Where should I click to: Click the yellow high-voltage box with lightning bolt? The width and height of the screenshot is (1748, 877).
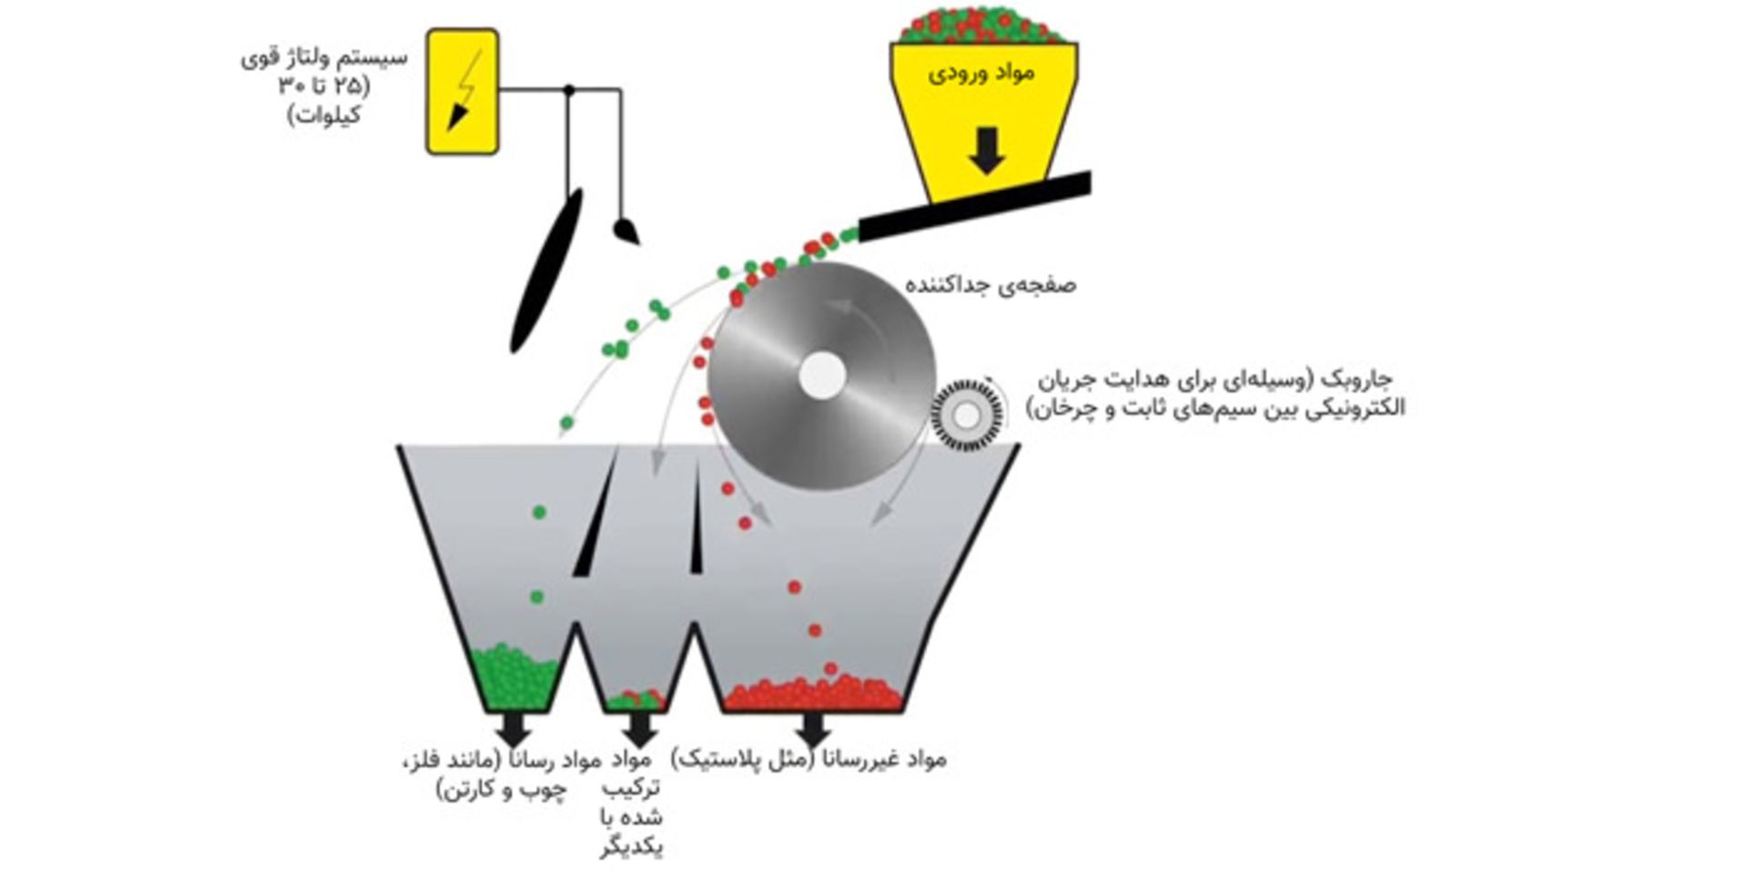[x=462, y=91]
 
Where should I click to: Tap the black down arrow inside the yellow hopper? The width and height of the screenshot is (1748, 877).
[x=987, y=149]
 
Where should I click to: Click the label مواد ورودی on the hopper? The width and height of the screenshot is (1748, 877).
[x=981, y=72]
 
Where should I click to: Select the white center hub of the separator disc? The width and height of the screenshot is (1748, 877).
[x=822, y=375]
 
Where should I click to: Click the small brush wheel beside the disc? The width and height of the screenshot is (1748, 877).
[x=967, y=415]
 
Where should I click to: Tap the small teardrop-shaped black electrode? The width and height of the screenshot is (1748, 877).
[x=626, y=229]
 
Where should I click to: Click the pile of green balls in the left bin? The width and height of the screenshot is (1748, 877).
[x=515, y=678]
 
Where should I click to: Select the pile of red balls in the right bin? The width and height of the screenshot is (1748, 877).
[x=812, y=694]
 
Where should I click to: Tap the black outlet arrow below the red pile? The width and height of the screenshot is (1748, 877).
[x=812, y=727]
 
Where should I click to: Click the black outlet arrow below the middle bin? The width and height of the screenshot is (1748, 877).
[x=639, y=727]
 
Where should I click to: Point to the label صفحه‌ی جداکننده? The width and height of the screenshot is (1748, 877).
[x=991, y=285]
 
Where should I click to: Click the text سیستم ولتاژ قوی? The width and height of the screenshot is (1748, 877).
[x=325, y=58]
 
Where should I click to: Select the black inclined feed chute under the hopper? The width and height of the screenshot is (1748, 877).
[x=974, y=208]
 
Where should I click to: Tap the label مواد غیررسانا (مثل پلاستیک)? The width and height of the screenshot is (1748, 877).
[x=808, y=758]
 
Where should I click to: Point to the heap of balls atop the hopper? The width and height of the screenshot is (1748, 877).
[x=981, y=24]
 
